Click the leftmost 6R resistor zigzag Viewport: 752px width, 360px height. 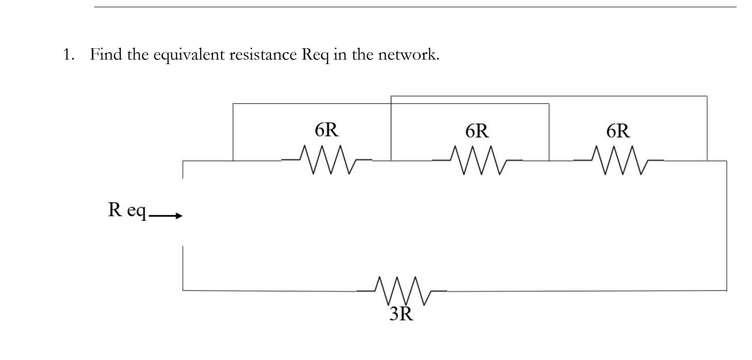click(326, 160)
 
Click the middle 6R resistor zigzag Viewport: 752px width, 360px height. click(477, 161)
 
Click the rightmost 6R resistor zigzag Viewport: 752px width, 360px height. click(619, 161)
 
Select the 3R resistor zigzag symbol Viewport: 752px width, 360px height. click(402, 291)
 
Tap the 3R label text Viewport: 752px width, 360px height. click(401, 314)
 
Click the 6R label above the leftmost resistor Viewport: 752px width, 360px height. click(327, 130)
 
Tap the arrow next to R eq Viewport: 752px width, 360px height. click(166, 216)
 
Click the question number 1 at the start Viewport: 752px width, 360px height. click(67, 55)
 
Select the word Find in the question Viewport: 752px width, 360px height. click(106, 55)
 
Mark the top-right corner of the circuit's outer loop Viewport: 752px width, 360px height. click(726, 161)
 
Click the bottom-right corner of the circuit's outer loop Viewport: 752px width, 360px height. click(726, 291)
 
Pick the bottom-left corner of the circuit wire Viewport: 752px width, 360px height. click(183, 291)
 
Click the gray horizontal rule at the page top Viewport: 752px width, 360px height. click(415, 7)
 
